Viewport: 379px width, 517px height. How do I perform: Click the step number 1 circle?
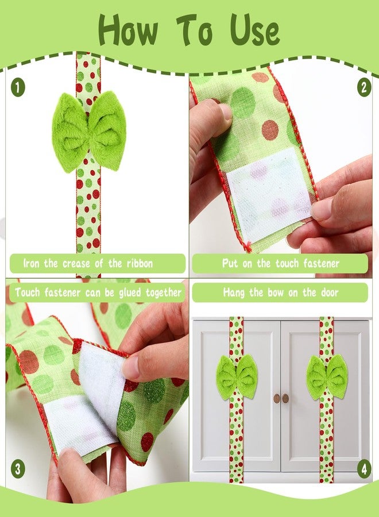point(18,88)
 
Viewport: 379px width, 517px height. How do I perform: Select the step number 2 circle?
point(363,88)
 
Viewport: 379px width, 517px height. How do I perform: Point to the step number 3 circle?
point(18,469)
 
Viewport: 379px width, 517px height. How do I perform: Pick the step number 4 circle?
point(363,469)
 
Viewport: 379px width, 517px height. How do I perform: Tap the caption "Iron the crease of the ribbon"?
point(96,264)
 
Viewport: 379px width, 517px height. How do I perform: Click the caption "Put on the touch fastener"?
point(280,264)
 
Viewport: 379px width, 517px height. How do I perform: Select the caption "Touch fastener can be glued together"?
point(98,292)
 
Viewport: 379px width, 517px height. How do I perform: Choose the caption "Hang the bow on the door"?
point(280,292)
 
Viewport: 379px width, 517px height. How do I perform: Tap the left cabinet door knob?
point(276,398)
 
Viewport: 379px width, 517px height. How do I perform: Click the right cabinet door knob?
point(285,398)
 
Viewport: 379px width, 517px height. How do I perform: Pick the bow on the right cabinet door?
point(327,376)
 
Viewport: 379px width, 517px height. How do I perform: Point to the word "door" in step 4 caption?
point(326,292)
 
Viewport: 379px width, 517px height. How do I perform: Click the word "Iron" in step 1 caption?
point(32,264)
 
